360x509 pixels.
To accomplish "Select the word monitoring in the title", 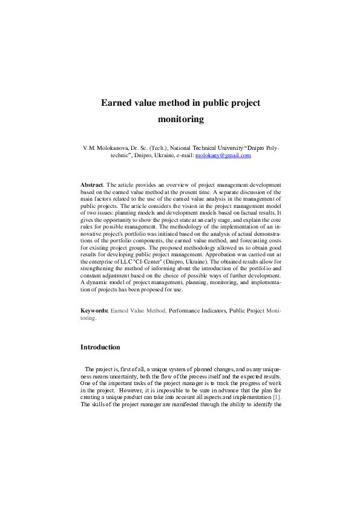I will (180, 119).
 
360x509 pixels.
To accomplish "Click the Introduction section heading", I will (100, 347).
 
